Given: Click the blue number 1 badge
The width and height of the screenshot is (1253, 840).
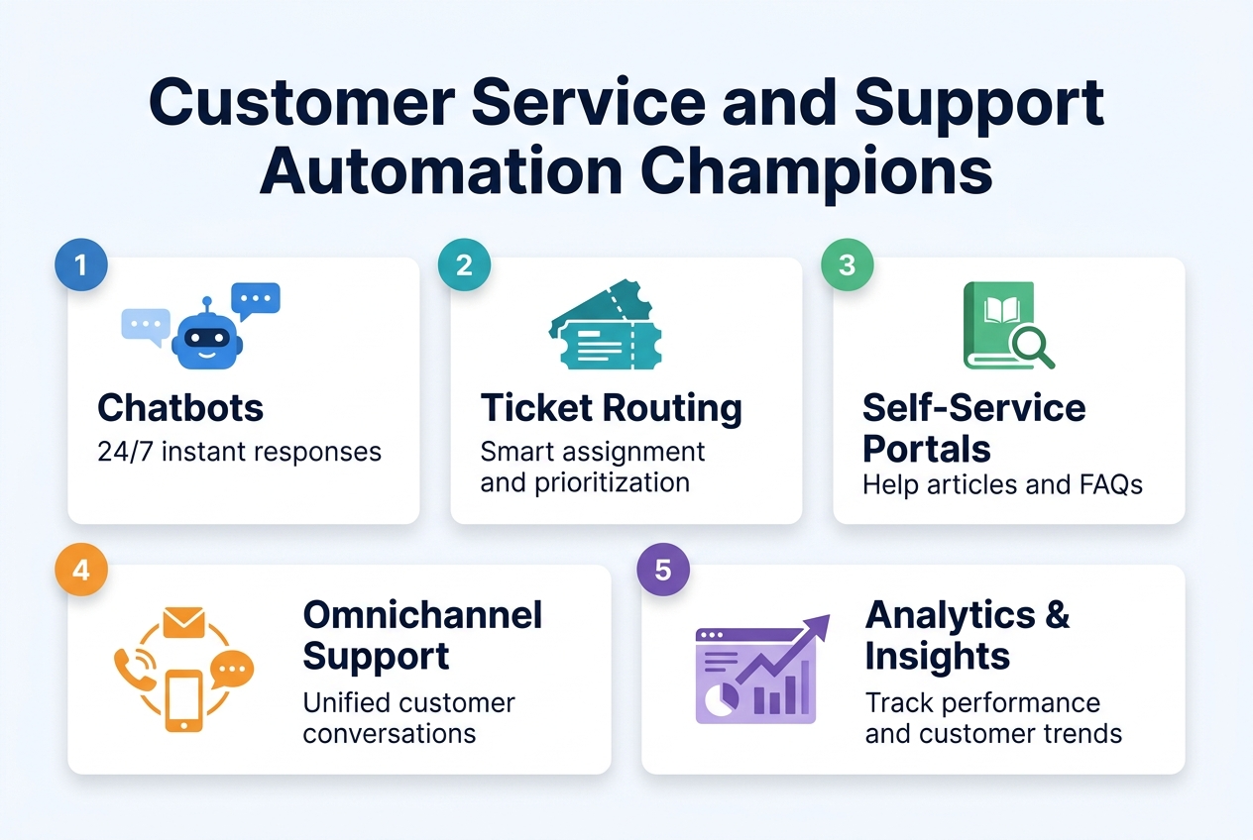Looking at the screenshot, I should pos(81,264).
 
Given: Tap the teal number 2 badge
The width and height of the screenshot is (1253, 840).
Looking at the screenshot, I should pos(464,264).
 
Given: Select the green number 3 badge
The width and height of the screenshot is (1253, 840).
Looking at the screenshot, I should pos(848,264).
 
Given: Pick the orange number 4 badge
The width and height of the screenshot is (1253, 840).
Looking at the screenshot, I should pos(81,572).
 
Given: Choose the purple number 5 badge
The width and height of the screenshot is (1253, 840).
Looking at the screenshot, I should pos(663,572).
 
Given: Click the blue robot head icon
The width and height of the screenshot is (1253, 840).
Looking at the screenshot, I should pos(206,334).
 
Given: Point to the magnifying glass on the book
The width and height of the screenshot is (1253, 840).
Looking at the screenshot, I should pos(1030,344).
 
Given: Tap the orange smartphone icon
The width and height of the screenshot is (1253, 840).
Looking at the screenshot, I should pos(183,700).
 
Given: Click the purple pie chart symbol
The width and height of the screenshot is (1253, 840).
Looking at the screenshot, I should pos(718,699).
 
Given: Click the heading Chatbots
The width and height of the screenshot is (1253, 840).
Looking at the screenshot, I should pos(180,407).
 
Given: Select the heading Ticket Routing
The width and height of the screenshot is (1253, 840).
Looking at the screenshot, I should pos(611,407).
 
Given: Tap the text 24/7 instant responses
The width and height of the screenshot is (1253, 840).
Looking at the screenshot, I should pos(239,452).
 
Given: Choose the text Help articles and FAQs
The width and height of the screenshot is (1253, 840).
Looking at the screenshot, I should pos(1002,484).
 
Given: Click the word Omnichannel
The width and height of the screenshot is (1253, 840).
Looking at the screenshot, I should pos(422,615).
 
